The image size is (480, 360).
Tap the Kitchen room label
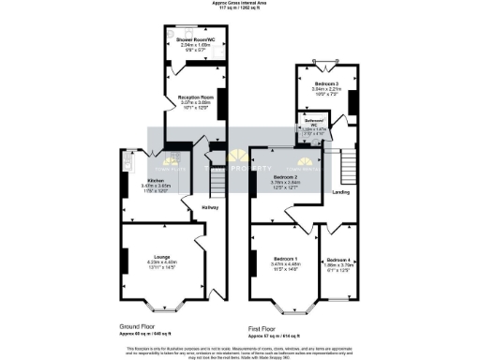[157, 180]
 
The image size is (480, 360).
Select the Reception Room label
[191, 97]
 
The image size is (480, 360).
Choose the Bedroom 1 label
[284, 258]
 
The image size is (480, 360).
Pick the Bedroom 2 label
[285, 176]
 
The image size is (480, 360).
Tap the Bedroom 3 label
[322, 83]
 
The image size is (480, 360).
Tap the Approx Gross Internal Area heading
[240, 4]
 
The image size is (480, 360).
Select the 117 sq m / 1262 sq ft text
[240, 10]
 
